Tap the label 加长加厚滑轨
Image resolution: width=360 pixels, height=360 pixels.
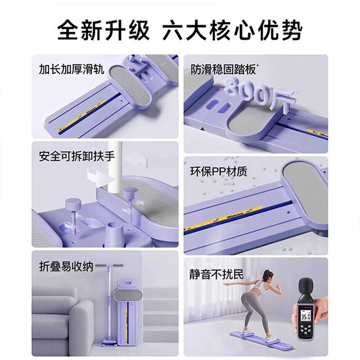click(x=72, y=69)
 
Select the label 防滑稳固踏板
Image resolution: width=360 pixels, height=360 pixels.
click(x=223, y=69)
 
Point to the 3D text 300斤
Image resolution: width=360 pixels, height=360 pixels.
click(x=260, y=94)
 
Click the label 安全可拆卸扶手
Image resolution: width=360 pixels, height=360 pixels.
click(x=77, y=156)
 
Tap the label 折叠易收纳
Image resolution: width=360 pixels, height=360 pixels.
click(x=66, y=266)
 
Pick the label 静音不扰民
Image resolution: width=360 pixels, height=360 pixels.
click(x=216, y=274)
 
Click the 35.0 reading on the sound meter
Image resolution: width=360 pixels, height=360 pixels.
click(x=306, y=318)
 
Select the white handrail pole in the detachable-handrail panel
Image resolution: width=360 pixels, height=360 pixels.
click(x=115, y=165)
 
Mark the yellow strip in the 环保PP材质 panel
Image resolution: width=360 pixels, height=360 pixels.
click(x=223, y=217)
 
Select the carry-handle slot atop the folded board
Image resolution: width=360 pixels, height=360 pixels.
click(x=128, y=282)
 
